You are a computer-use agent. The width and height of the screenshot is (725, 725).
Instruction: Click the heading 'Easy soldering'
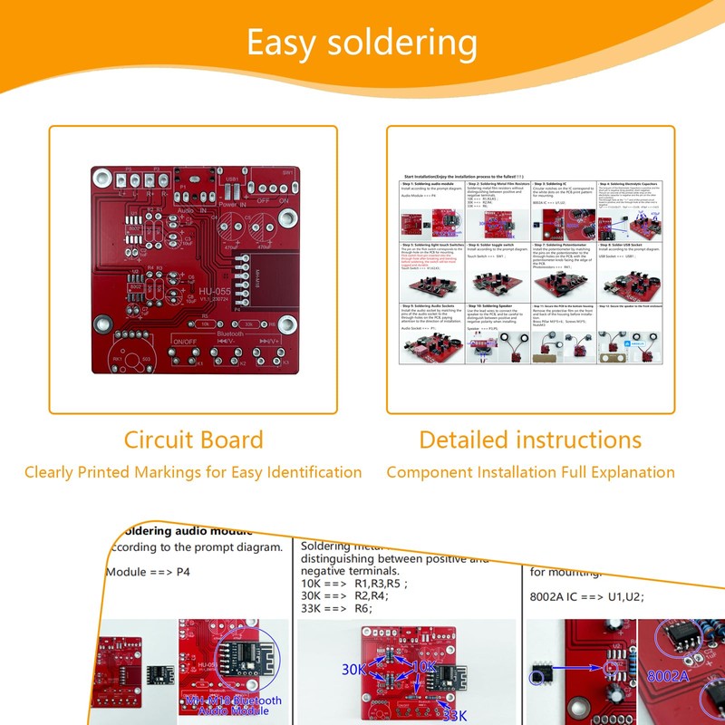coord(362,43)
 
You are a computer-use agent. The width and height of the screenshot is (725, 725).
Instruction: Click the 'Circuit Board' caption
coord(193,440)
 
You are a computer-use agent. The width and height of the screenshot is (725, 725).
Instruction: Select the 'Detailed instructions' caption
coord(530,440)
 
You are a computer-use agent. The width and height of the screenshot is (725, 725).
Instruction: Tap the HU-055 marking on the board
coord(215,292)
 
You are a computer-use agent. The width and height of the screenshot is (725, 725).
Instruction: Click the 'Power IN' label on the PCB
coord(233,205)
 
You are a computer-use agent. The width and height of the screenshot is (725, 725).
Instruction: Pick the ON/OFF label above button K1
coord(185,341)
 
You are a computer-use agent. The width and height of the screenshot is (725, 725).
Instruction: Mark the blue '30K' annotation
coord(355,669)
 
